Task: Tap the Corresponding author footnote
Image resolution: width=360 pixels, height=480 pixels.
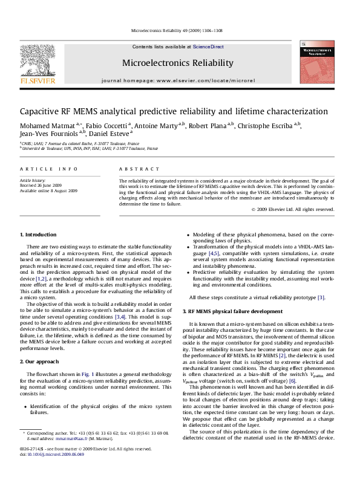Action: pos(48,451)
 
